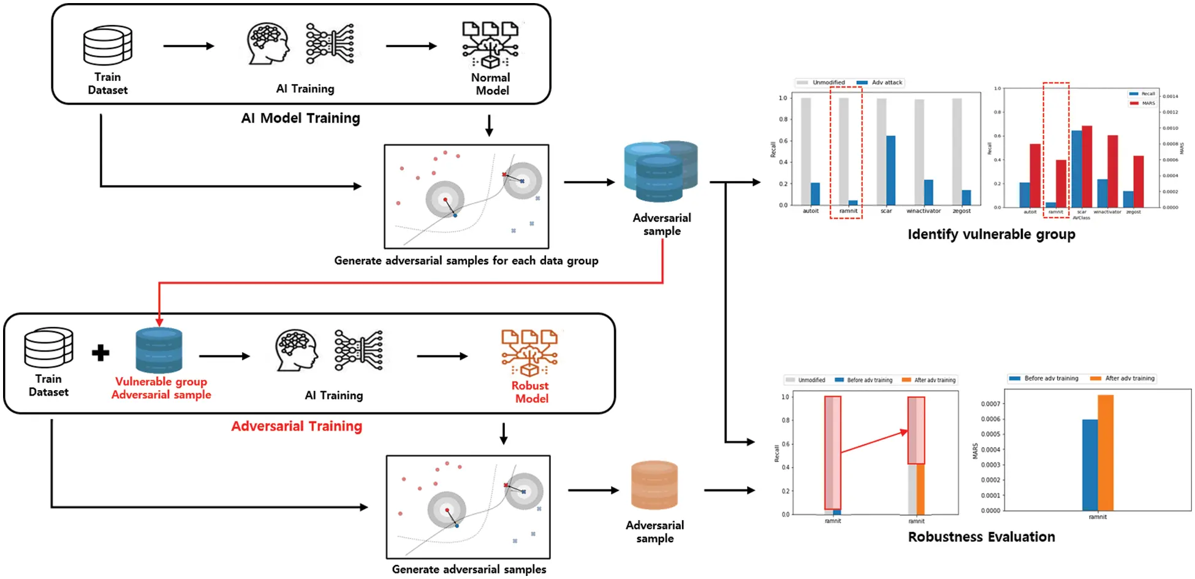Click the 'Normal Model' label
[x=491, y=84]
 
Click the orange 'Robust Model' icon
[x=529, y=353]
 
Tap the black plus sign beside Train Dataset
[x=101, y=353]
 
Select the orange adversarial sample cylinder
[x=654, y=485]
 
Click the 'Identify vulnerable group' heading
[x=991, y=234]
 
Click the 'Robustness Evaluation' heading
[x=981, y=537]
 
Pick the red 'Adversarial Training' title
[x=297, y=426]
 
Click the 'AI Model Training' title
[x=300, y=118]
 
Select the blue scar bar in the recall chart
[x=890, y=170]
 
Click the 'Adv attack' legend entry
[x=886, y=82]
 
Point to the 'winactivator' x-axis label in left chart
[x=923, y=211]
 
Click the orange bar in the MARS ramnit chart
[x=1105, y=453]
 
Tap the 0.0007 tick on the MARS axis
[x=990, y=404]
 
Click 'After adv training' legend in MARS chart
[x=1129, y=378]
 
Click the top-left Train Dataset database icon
[x=108, y=45]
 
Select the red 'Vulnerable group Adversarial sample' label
[x=161, y=388]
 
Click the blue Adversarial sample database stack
[x=661, y=172]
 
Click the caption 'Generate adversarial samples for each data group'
[x=466, y=261]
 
